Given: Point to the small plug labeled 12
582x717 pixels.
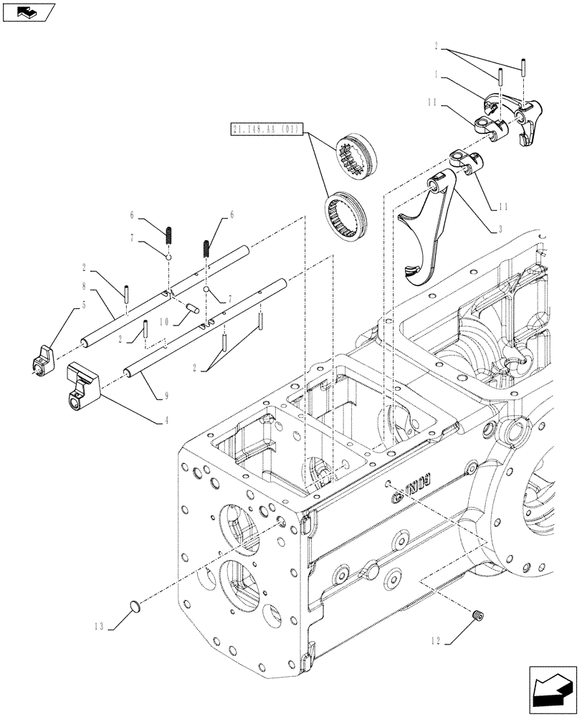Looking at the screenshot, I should point(480,614).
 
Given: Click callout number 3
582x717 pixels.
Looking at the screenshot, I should point(500,228).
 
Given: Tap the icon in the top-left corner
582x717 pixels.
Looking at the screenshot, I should point(28,11).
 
